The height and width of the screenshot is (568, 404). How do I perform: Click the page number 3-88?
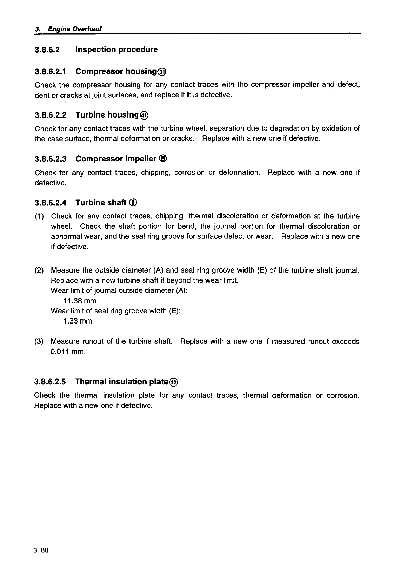[x=41, y=551]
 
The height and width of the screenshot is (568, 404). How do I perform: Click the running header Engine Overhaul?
[x=75, y=29]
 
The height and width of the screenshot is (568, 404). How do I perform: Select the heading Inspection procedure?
[x=116, y=50]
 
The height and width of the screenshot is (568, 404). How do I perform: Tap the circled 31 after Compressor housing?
[x=163, y=72]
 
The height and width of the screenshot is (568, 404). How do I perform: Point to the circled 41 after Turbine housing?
[x=144, y=115]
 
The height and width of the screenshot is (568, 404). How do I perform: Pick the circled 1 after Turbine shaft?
[x=133, y=203]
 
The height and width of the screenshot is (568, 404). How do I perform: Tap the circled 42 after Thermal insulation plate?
[x=173, y=382]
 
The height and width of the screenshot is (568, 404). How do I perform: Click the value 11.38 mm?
[x=80, y=301]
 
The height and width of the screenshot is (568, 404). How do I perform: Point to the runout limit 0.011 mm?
[x=68, y=352]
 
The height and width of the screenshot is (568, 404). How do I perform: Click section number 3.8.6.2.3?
[x=51, y=159]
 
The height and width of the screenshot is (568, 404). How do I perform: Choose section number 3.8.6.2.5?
[x=50, y=382]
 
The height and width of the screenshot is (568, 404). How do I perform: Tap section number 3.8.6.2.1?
[x=51, y=72]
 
